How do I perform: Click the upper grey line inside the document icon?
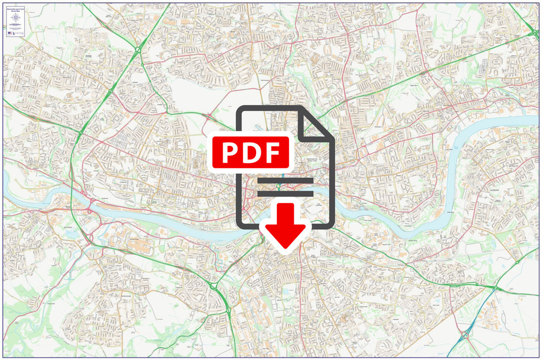[x=285, y=181]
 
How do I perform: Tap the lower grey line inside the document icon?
[x=285, y=194]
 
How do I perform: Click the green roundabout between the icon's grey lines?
[x=279, y=186]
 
